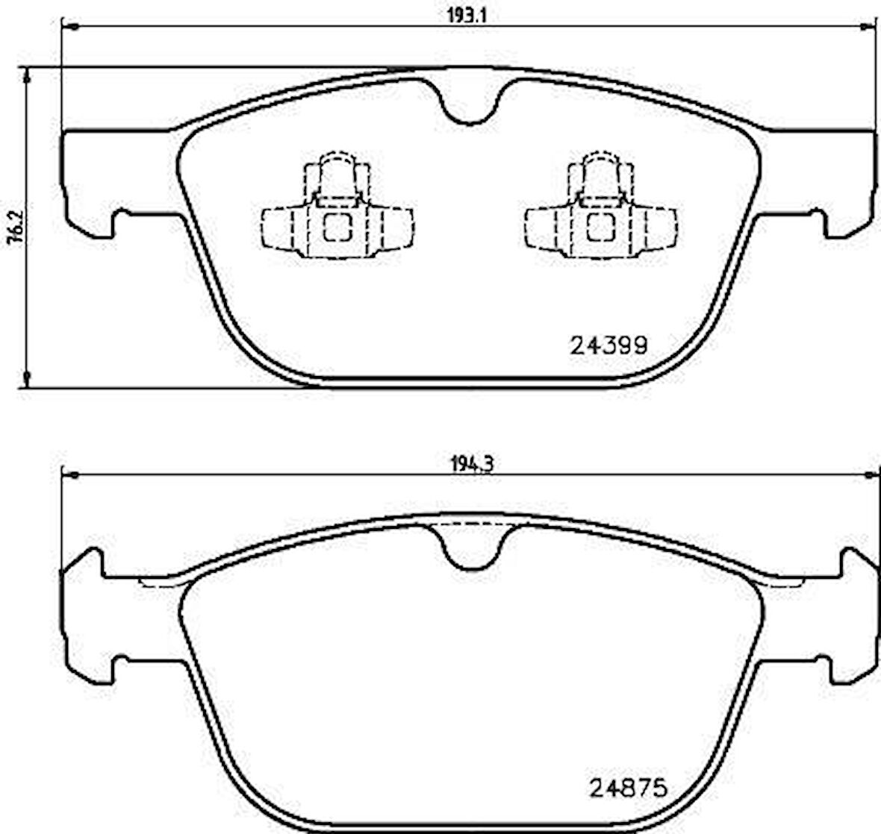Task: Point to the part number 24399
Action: pyautogui.click(x=608, y=345)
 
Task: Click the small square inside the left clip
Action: pyautogui.click(x=336, y=228)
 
